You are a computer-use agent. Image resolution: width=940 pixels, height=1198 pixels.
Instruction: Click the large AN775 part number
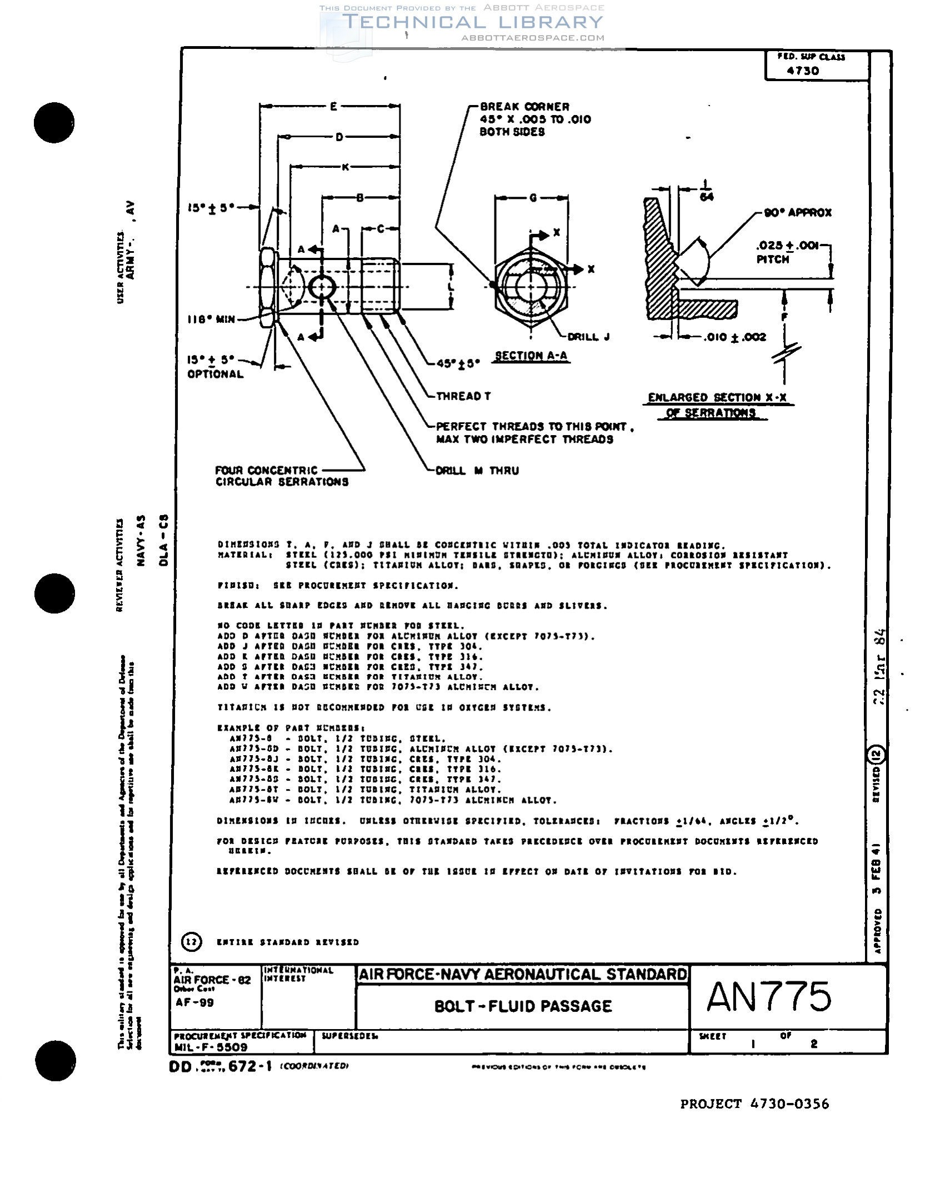pos(769,997)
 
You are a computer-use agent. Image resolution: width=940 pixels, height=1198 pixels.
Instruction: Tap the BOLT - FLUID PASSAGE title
pos(523,1006)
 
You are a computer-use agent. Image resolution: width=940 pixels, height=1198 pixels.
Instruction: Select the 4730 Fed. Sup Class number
pos(803,71)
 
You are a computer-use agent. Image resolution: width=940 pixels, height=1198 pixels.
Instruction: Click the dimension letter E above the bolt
pos(333,106)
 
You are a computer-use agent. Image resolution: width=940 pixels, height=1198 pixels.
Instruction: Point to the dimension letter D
pos(339,137)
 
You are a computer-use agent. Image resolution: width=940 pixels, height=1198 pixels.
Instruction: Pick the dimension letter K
pos(345,167)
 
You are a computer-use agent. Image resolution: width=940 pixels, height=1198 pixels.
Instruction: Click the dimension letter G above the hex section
pos(533,198)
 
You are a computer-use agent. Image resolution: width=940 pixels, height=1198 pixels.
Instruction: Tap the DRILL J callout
pos(588,337)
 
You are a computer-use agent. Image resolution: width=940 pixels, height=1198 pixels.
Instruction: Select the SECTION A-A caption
pos(531,356)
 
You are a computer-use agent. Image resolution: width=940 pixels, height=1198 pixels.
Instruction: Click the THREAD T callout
pos(463,396)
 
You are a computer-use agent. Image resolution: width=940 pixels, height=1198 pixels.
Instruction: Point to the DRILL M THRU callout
pos(477,471)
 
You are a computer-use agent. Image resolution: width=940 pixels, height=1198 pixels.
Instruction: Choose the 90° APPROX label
pos(798,213)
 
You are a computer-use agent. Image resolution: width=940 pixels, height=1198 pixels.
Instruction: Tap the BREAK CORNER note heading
pos(524,107)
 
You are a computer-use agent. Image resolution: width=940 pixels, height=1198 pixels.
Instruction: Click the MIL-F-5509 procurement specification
pos(211,1047)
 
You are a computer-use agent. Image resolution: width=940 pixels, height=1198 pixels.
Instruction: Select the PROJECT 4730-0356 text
pos(754,1104)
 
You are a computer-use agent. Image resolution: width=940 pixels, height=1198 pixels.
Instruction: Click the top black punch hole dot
pos(54,122)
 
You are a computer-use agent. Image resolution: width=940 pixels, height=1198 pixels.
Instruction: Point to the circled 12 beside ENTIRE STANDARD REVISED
pos(191,942)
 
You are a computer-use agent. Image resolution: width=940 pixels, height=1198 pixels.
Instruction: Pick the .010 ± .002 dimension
pos(734,337)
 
